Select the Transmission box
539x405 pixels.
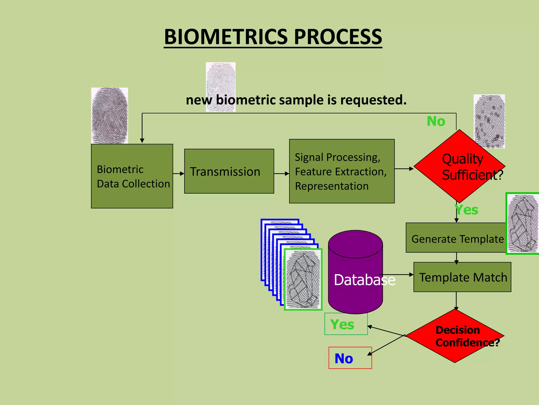[x=229, y=171]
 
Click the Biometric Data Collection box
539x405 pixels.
[x=132, y=176]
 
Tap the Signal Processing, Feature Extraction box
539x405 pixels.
[x=342, y=171]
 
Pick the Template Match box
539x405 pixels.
[x=462, y=277]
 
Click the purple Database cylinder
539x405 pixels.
[x=355, y=274]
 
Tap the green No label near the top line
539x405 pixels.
[x=436, y=121]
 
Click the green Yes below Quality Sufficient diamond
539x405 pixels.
[x=467, y=210]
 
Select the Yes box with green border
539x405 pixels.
[x=346, y=324]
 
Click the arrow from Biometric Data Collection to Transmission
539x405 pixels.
[x=179, y=173]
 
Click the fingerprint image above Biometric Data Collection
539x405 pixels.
[x=109, y=115]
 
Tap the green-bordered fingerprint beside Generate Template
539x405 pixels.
[x=522, y=224]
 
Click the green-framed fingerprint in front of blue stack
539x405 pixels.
[x=303, y=279]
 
